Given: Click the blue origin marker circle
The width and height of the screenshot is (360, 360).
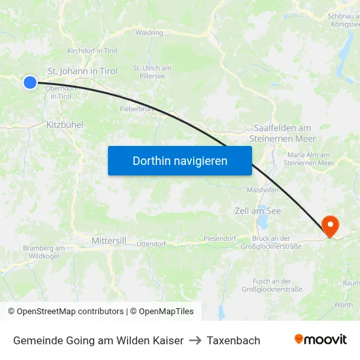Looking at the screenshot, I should (29, 82).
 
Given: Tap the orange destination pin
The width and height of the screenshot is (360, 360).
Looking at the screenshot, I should (330, 226).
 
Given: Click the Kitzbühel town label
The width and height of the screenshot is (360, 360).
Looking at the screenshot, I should (65, 124).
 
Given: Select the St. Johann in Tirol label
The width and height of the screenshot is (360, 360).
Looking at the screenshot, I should (82, 71).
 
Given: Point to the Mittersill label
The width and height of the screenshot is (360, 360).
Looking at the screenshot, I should (109, 241).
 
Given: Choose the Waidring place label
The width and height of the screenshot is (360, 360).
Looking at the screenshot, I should (149, 33).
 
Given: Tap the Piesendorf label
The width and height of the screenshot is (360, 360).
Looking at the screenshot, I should (219, 239).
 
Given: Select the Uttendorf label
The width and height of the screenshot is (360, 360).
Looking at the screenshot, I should (151, 243).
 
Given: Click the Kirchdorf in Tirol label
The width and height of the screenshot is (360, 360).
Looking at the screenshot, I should (92, 50).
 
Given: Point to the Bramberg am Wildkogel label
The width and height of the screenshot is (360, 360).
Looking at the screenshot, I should (44, 252).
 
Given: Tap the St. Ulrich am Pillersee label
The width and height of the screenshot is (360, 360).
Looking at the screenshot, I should (152, 72).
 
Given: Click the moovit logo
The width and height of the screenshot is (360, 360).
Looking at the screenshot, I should (320, 339).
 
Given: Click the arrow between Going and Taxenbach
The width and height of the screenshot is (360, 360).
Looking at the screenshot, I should (195, 340).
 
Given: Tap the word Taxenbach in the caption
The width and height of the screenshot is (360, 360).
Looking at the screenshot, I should (234, 340).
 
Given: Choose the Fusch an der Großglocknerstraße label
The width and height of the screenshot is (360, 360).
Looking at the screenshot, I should (272, 285).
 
